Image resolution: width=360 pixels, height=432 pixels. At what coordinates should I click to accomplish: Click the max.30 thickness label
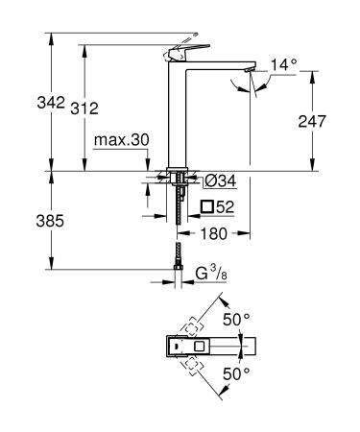(x=122, y=140)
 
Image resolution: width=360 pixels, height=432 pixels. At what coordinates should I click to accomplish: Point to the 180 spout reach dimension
(x=215, y=232)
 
